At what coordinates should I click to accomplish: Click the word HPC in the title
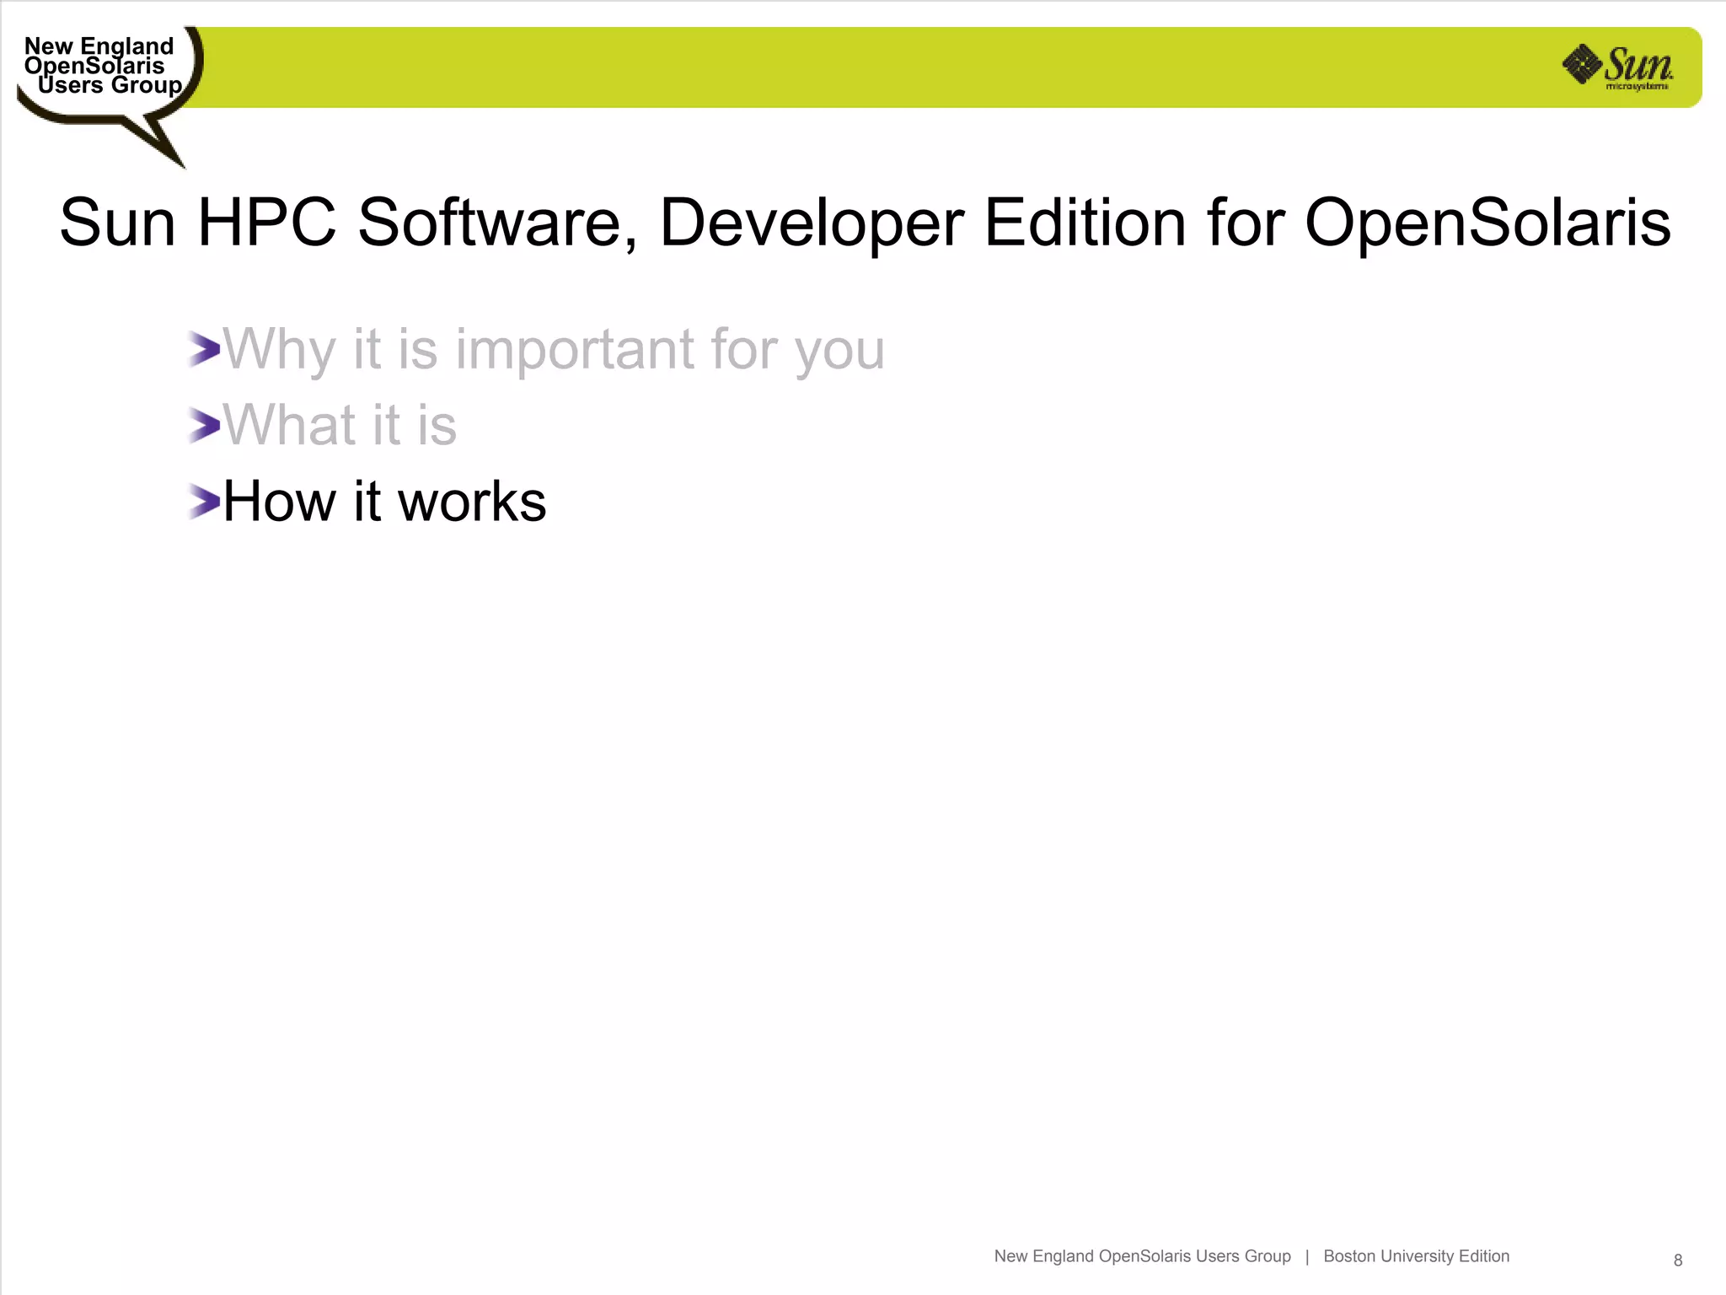(266, 223)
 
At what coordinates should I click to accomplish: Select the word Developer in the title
(812, 223)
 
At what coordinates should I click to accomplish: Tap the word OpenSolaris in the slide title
(1487, 223)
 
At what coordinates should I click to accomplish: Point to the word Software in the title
(496, 223)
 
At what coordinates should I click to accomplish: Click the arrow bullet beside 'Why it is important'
(204, 349)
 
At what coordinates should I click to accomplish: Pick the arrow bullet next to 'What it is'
(204, 425)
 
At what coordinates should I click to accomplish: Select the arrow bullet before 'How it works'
(204, 502)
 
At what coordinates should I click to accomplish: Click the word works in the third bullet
(472, 502)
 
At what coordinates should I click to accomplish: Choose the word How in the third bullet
(279, 502)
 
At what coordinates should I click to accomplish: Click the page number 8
(1678, 1260)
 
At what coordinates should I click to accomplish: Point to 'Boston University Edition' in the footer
(1416, 1256)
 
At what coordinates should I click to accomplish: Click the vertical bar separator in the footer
(1307, 1256)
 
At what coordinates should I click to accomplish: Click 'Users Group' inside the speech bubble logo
(110, 85)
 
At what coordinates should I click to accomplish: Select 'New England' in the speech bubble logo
(99, 46)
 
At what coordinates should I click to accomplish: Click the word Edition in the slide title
(1085, 223)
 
